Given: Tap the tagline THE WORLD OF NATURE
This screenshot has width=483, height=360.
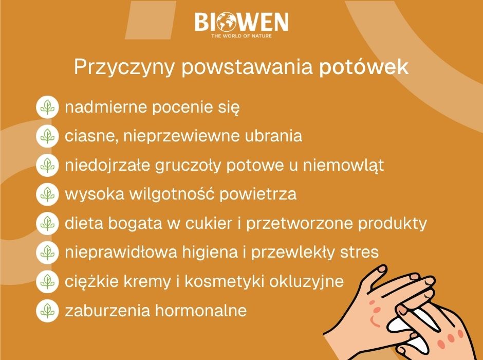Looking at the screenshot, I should tap(242, 36).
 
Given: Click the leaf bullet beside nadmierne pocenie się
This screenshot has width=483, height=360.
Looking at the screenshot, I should tap(48, 107).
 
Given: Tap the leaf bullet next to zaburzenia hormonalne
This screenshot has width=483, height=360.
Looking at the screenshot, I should tap(48, 311).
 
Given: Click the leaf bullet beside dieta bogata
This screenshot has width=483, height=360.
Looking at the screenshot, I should tap(48, 223).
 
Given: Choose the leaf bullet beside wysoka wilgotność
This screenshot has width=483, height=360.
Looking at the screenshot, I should tap(48, 194).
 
